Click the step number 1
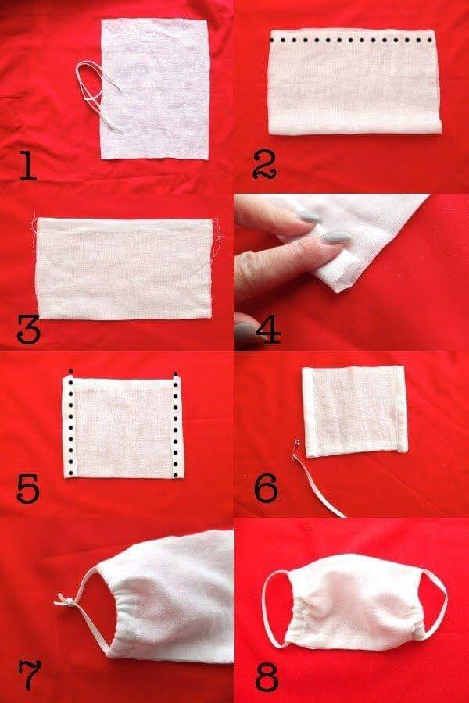tap(27, 166)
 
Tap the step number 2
tap(265, 166)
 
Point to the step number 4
tap(268, 329)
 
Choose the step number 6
tap(266, 487)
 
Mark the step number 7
tap(30, 674)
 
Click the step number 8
tap(267, 674)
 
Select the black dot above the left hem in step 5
tap(70, 371)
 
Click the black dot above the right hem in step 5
tap(175, 373)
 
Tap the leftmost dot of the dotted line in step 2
tap(271, 41)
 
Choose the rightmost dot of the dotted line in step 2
tap(431, 41)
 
